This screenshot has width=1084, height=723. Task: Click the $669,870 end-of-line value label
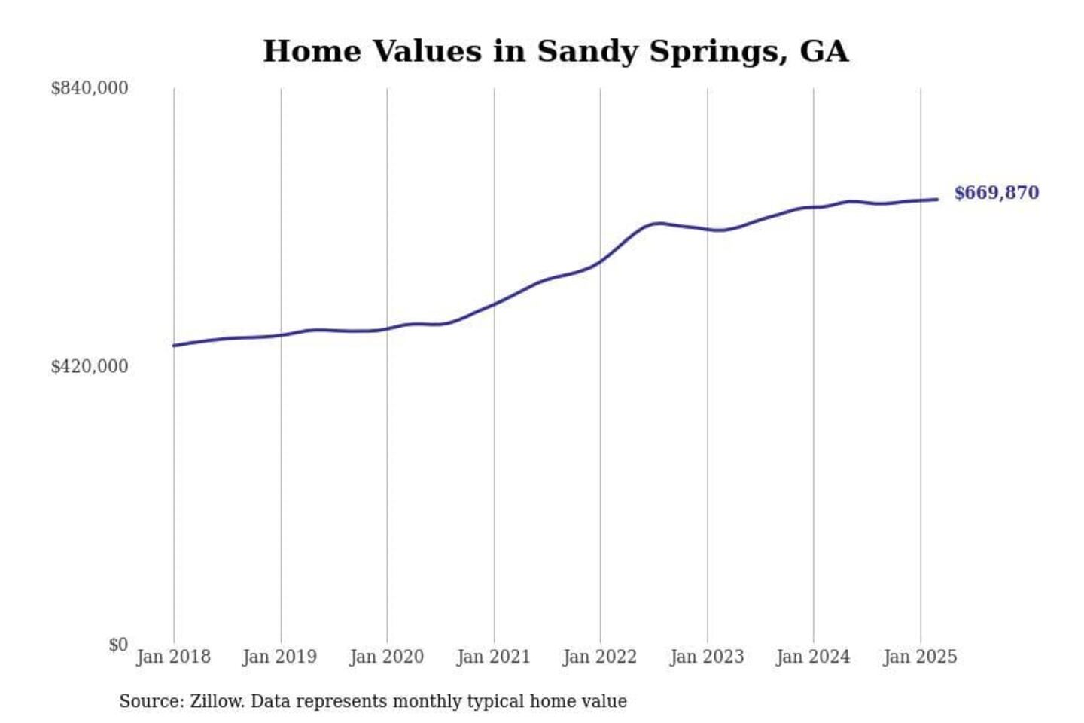pyautogui.click(x=996, y=193)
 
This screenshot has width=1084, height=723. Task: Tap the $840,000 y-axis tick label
pyautogui.click(x=90, y=88)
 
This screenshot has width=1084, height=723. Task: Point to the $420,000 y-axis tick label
pyautogui.click(x=90, y=366)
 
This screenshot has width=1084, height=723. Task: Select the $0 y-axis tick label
pyautogui.click(x=118, y=645)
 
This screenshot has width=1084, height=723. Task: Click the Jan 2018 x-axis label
pyautogui.click(x=173, y=657)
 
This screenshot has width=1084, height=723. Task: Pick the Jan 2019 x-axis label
pyautogui.click(x=280, y=657)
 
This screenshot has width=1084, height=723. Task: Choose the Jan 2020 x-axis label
pyautogui.click(x=387, y=657)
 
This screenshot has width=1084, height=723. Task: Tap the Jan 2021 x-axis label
pyautogui.click(x=494, y=657)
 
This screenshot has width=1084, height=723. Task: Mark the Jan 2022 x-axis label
pyautogui.click(x=600, y=657)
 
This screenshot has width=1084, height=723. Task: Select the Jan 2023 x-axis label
pyautogui.click(x=707, y=657)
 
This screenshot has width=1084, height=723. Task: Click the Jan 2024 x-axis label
pyautogui.click(x=813, y=657)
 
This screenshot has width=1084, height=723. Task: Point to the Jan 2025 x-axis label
pyautogui.click(x=920, y=657)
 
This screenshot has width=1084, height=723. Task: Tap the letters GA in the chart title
pyautogui.click(x=824, y=51)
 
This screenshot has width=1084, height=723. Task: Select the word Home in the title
pyautogui.click(x=312, y=51)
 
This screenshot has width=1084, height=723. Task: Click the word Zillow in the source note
pyautogui.click(x=217, y=701)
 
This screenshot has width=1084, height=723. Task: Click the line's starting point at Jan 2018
pyautogui.click(x=174, y=346)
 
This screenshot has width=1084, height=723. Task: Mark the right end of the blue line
pyautogui.click(x=937, y=200)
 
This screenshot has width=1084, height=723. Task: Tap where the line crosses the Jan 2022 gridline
pyautogui.click(x=601, y=262)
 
